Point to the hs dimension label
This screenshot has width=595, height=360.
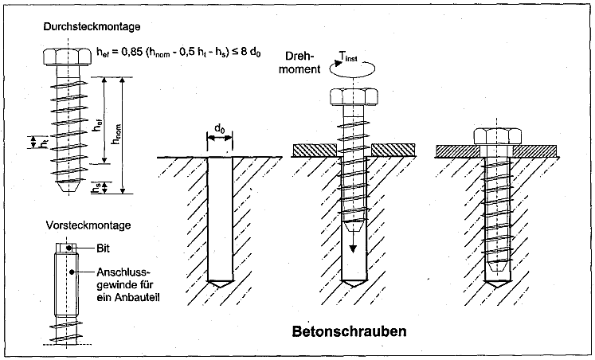96,188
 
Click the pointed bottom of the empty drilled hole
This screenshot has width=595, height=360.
219,284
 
